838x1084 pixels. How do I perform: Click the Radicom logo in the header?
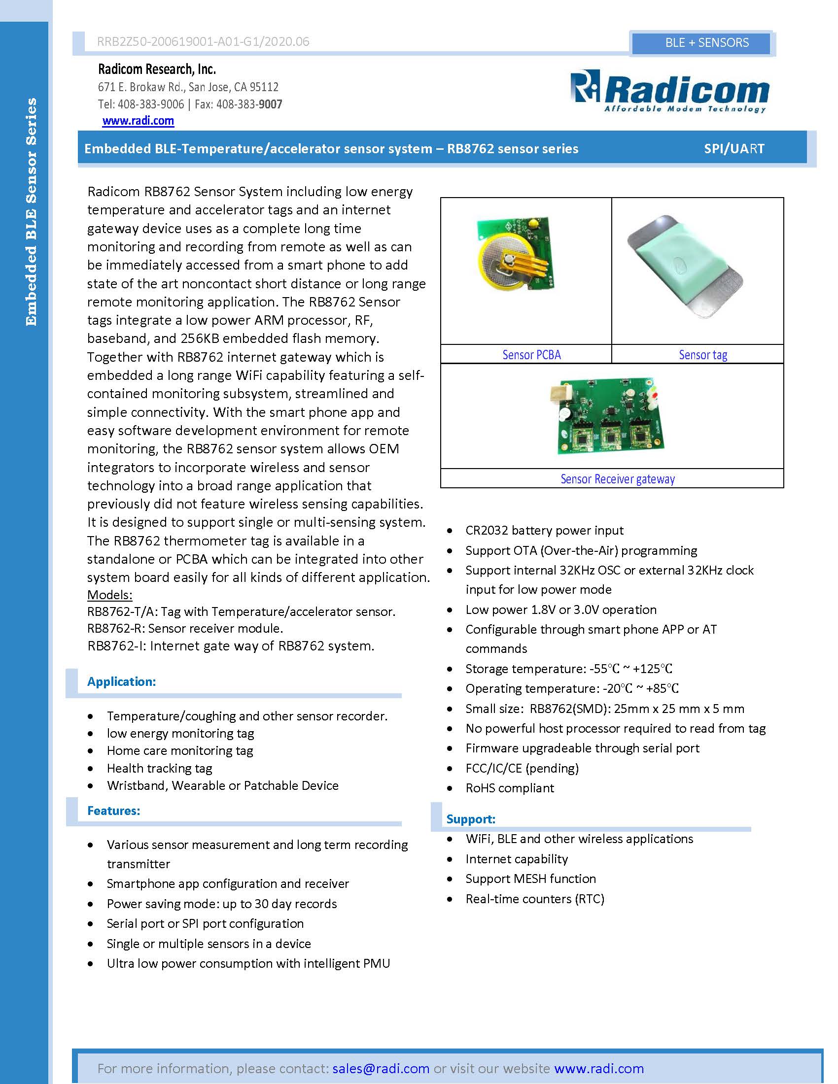tap(669, 92)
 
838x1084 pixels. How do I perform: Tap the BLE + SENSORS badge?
tap(706, 43)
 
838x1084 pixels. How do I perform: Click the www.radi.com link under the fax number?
tap(138, 121)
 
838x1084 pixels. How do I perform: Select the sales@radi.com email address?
tap(381, 1068)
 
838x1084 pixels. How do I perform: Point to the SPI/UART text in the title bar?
tap(734, 148)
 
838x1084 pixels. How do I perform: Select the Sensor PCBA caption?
tap(531, 355)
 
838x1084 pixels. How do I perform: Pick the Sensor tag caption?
tap(702, 355)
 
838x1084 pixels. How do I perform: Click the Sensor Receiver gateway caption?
tap(617, 479)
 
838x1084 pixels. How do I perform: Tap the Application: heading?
tap(122, 681)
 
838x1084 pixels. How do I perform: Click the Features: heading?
tap(114, 811)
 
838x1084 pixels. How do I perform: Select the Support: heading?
tap(471, 819)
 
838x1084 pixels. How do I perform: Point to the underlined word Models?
tap(110, 595)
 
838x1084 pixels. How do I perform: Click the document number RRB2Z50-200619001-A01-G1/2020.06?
tap(203, 42)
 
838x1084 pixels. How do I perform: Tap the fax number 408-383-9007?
tap(249, 104)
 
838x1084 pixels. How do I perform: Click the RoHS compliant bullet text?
tap(509, 788)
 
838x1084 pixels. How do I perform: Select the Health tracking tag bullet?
tap(159, 768)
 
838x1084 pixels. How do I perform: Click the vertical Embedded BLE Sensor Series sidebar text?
tap(31, 212)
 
